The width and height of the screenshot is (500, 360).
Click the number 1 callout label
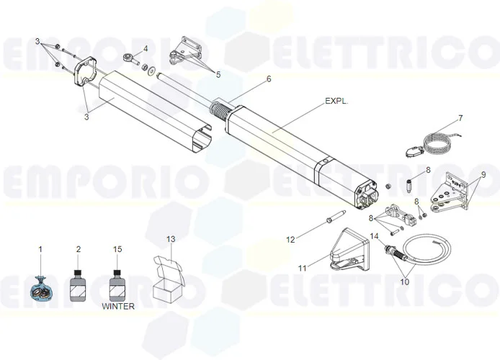(40, 249)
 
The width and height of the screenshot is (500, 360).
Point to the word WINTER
(118, 306)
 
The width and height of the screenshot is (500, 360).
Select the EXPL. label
(336, 102)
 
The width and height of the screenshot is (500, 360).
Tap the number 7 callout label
(460, 117)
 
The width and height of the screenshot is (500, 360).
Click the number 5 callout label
(218, 73)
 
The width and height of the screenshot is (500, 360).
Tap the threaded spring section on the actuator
(220, 113)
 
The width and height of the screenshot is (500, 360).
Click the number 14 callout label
(375, 235)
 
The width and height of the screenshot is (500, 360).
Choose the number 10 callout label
(404, 282)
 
